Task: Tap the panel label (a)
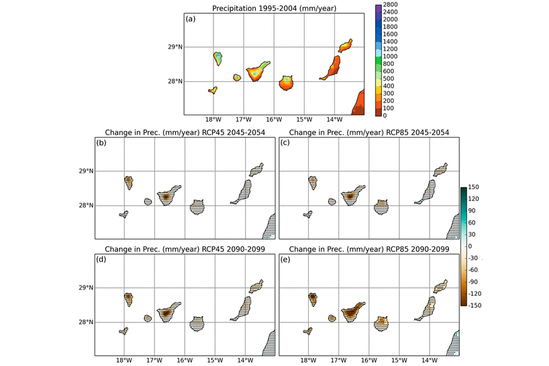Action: pos(191,19)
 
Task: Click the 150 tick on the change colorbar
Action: pos(473,187)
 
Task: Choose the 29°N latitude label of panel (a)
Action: pos(174,47)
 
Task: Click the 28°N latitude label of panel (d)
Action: pos(86,323)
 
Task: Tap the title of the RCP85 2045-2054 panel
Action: pos(369,132)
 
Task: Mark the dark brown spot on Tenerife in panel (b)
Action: pos(166,197)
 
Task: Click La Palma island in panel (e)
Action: pos(313,299)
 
